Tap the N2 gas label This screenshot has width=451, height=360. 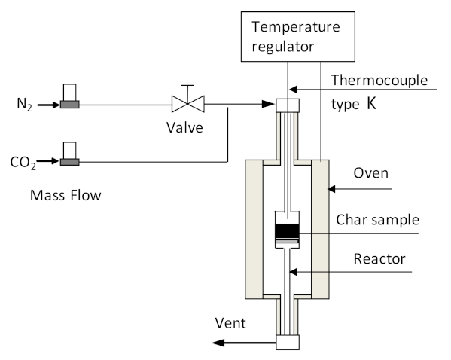[24, 105]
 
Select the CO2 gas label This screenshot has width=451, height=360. [23, 163]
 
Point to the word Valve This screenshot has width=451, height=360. [184, 127]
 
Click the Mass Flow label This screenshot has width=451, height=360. [66, 195]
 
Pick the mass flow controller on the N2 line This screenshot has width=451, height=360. [69, 96]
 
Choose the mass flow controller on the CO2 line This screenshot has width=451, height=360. [69, 154]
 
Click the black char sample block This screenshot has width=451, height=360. [288, 230]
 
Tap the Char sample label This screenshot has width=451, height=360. [378, 220]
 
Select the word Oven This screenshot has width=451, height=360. [370, 173]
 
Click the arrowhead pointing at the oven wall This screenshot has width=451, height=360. [331, 189]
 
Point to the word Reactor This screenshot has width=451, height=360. [379, 259]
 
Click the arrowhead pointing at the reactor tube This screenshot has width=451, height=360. [293, 272]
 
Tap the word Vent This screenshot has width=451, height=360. [230, 323]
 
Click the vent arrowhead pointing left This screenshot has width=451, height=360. [218, 343]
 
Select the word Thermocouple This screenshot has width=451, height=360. [379, 81]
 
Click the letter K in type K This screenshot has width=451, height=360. [371, 104]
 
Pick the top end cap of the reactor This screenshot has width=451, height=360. [288, 105]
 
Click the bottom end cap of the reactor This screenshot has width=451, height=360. [288, 343]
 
